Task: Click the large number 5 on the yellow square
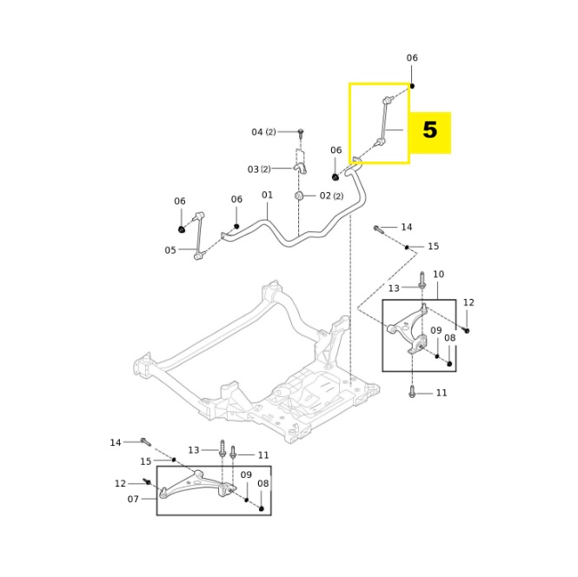click(429, 131)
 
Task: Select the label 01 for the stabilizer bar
click(267, 196)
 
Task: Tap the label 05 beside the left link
click(170, 250)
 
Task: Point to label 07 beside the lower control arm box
click(133, 499)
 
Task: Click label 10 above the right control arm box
click(438, 275)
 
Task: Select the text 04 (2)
click(263, 132)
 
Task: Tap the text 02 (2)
click(331, 196)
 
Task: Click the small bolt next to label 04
click(301, 133)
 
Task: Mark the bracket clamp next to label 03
click(300, 163)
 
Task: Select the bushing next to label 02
click(299, 196)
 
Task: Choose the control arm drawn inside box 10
click(410, 330)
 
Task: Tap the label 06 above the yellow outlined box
click(412, 58)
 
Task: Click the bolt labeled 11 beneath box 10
click(412, 392)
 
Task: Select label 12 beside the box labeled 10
click(468, 302)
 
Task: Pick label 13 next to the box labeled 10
click(394, 288)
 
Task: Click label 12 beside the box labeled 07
click(120, 483)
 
